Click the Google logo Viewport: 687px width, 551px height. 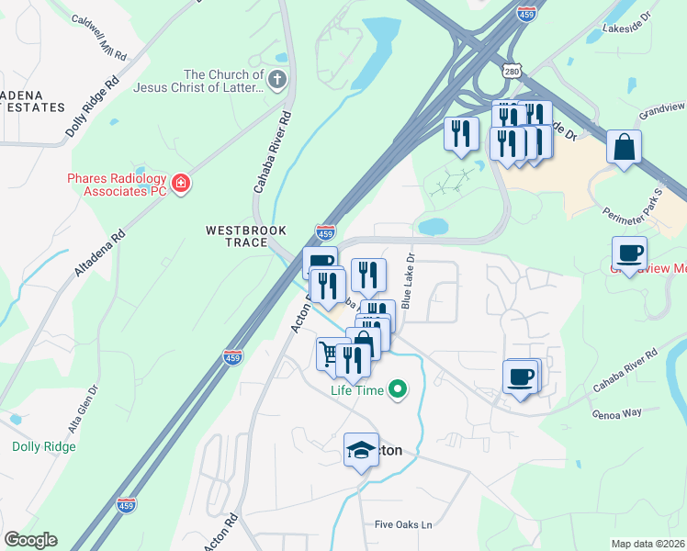[30, 540]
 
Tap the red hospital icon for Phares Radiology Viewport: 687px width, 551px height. [181, 184]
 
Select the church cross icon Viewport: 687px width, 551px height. [276, 81]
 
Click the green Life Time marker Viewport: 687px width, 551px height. [398, 390]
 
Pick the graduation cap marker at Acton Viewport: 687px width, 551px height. [361, 450]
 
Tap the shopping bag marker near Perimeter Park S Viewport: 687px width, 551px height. [624, 147]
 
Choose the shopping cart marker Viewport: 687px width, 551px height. [331, 354]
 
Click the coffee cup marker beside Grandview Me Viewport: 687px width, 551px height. [629, 253]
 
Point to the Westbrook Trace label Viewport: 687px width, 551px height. [246, 236]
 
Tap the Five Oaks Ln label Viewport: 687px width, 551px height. [403, 524]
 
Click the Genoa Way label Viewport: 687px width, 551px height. [617, 413]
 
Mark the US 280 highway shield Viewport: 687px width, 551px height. [512, 72]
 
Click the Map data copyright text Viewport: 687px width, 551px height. [648, 544]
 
